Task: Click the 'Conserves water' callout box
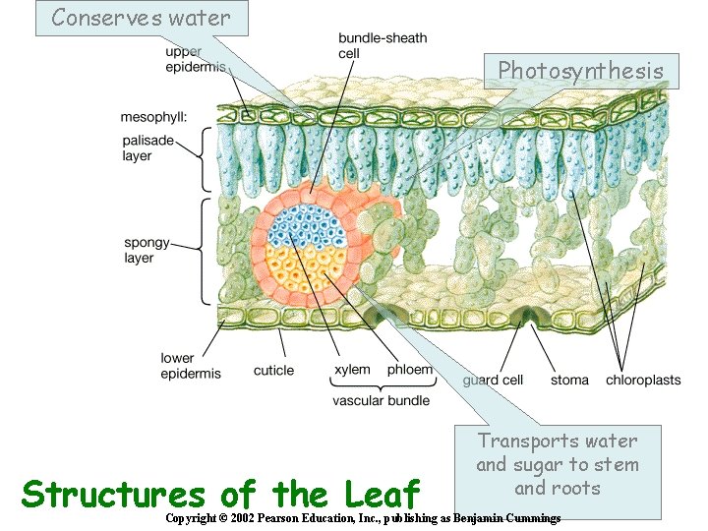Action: (141, 18)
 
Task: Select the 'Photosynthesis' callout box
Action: (581, 71)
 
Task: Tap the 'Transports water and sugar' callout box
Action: (558, 464)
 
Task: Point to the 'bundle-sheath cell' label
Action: (383, 45)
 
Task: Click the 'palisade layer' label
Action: (148, 148)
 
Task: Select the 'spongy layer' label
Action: (146, 250)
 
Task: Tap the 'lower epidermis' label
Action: (190, 365)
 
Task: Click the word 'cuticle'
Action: (273, 371)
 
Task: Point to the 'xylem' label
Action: (352, 371)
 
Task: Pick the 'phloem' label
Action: (411, 371)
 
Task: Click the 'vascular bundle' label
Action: (381, 401)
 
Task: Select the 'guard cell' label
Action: (493, 380)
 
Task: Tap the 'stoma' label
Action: (569, 380)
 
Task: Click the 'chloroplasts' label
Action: (643, 380)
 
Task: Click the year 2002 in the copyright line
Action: (247, 518)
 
